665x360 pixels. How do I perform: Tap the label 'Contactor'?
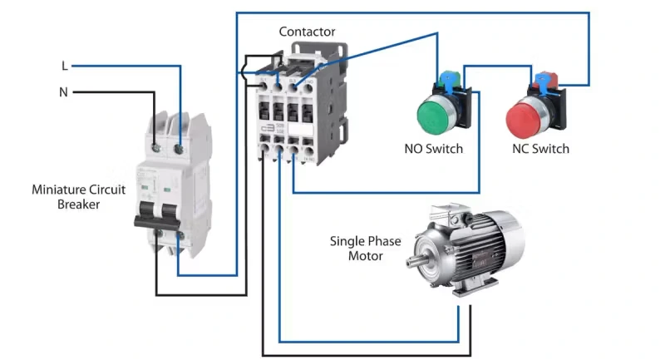[307, 32]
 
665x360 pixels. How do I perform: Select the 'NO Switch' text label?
[433, 150]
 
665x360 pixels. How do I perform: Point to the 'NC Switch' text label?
[540, 150]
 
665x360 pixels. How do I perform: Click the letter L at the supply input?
[64, 66]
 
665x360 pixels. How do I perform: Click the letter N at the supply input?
[63, 92]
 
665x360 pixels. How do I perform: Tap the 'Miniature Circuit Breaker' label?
[78, 196]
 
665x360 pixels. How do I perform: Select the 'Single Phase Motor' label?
[365, 249]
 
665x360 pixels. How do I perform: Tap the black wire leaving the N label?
[108, 92]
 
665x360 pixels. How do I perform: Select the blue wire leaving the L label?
[125, 66]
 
